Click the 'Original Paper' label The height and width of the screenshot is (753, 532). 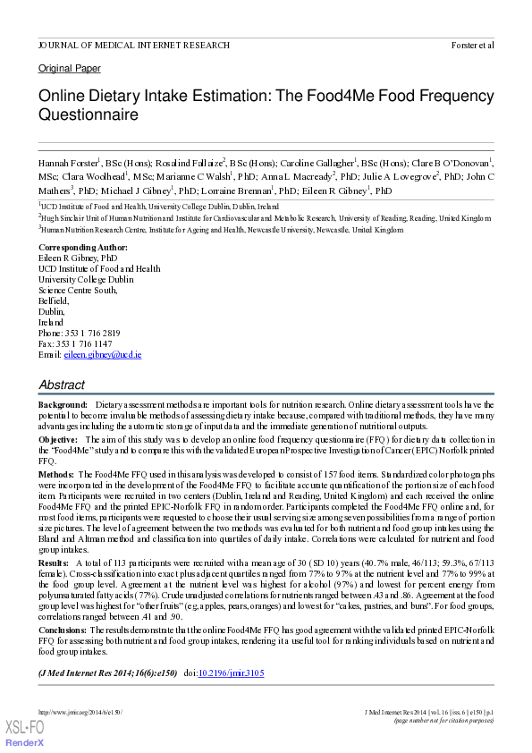click(70, 69)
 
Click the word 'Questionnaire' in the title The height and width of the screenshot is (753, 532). click(88, 115)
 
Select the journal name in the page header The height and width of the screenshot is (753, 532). click(128, 45)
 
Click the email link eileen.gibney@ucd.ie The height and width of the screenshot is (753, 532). click(103, 355)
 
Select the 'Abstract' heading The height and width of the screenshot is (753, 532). click(62, 385)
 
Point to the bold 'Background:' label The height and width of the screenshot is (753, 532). click(63, 405)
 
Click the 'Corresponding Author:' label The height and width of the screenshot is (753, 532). click(83, 247)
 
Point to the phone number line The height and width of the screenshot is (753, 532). click(80, 333)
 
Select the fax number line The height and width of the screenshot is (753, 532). click(75, 343)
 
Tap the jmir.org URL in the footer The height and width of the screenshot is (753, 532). click(80, 712)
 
